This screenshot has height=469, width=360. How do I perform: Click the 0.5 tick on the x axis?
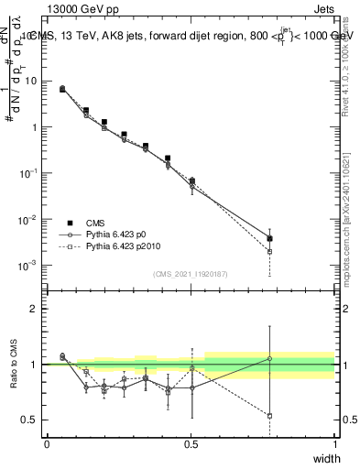click(x=191, y=443)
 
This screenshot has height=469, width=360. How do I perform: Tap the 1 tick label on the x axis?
click(x=335, y=443)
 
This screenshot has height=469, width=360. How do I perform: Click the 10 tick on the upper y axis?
click(x=31, y=81)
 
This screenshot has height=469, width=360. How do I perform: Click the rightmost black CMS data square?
click(x=269, y=238)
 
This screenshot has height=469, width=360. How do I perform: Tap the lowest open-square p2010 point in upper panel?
click(x=269, y=251)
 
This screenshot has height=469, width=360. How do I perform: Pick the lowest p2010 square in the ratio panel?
click(x=269, y=416)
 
